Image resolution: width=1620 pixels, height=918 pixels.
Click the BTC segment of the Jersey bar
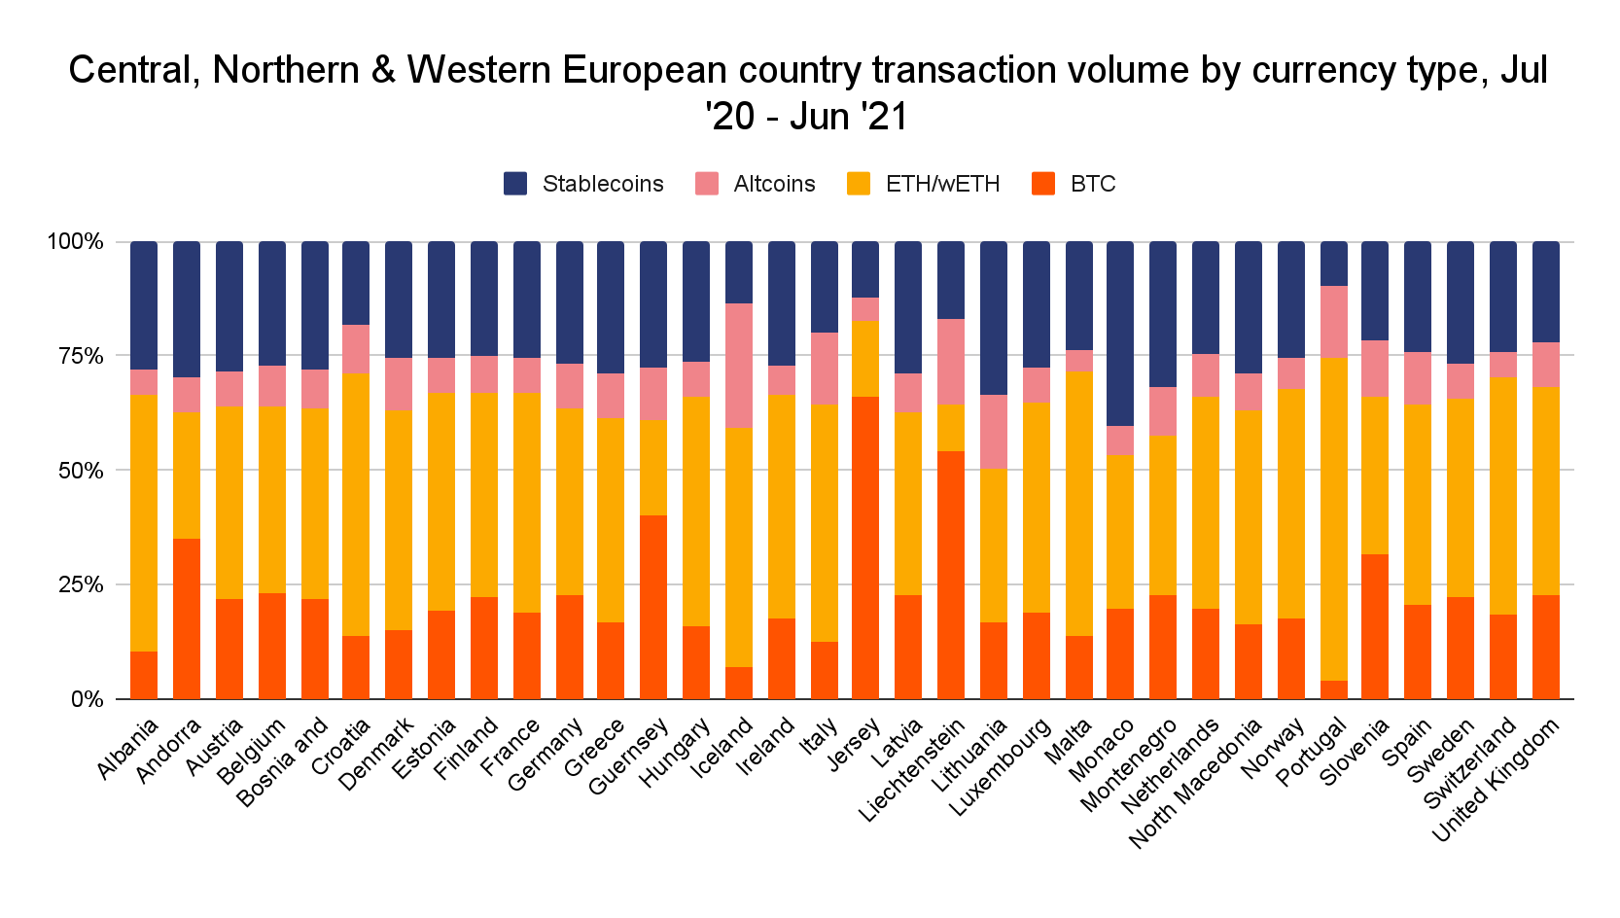click(865, 547)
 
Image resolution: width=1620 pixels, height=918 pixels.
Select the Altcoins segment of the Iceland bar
click(739, 366)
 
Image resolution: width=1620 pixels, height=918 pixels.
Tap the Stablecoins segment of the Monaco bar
click(1120, 334)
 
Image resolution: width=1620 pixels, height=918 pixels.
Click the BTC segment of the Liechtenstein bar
click(951, 575)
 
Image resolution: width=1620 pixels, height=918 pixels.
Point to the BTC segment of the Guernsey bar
click(653, 607)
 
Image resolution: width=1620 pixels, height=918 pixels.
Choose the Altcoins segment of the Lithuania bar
click(994, 432)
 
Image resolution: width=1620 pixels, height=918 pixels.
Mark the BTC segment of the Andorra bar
click(187, 618)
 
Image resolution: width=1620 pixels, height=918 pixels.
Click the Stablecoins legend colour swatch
click(515, 184)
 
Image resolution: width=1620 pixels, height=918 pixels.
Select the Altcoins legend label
click(774, 184)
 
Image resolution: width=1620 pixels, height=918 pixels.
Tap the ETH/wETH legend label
click(942, 184)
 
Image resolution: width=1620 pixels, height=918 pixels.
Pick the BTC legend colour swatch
click(1043, 184)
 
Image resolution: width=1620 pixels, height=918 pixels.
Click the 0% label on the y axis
click(88, 699)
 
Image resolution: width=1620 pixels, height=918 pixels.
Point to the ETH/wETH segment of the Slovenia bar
click(1375, 476)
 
